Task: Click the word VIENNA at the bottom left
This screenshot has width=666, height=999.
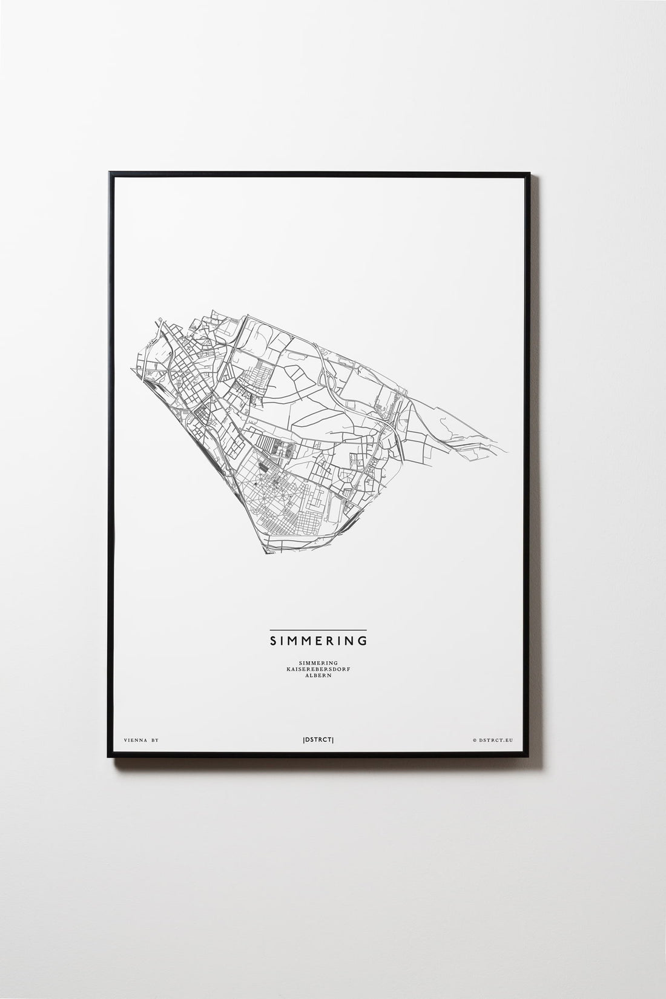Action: (133, 740)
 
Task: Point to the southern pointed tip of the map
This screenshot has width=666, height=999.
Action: (265, 553)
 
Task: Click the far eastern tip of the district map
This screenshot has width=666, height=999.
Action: (509, 452)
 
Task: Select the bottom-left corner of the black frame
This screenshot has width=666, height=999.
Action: (110, 754)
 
